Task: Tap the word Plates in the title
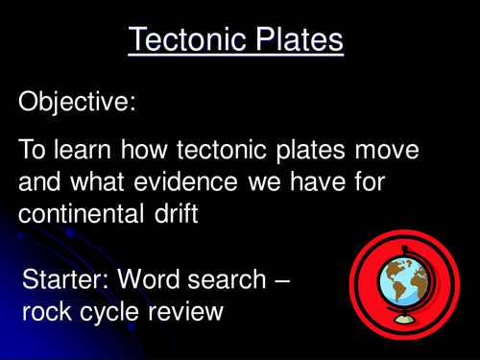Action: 294,39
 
